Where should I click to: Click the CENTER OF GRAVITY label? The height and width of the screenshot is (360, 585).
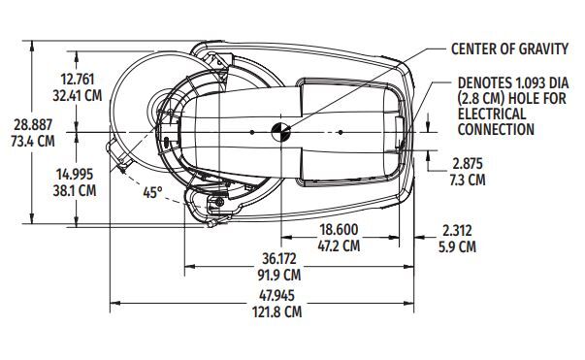pyautogui.click(x=509, y=49)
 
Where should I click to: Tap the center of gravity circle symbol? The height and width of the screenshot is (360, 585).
pyautogui.click(x=280, y=132)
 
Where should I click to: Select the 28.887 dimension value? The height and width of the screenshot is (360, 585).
pyautogui.click(x=33, y=125)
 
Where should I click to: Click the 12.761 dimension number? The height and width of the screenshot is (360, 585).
pyautogui.click(x=78, y=80)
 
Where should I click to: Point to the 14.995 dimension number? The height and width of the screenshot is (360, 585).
pyautogui.click(x=75, y=175)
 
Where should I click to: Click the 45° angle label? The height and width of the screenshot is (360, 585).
pyautogui.click(x=153, y=192)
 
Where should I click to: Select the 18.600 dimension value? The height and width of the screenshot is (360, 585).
pyautogui.click(x=340, y=229)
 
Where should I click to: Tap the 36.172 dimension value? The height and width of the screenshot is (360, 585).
pyautogui.click(x=278, y=258)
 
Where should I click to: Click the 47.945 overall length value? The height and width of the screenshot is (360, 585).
pyautogui.click(x=276, y=295)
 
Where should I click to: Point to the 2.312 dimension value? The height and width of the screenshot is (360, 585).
pyautogui.click(x=457, y=230)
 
